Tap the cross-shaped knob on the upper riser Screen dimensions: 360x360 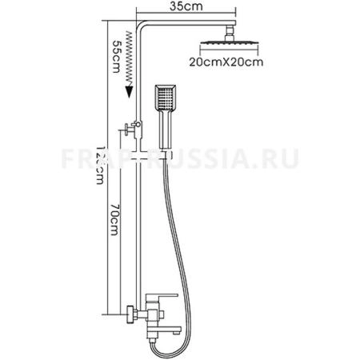pyautogui.click(x=127, y=130)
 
